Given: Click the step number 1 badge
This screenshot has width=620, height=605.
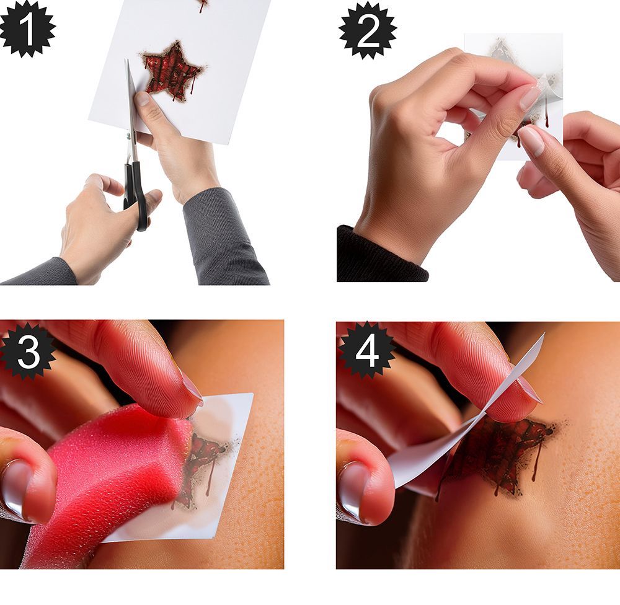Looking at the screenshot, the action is tap(27, 29).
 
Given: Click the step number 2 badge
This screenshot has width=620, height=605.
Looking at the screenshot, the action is tap(368, 31).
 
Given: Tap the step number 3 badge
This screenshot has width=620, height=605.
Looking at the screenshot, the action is tap(27, 351).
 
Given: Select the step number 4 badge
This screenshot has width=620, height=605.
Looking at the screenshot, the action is tap(366, 351).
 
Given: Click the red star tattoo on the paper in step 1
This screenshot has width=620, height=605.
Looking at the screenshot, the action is tap(173, 71).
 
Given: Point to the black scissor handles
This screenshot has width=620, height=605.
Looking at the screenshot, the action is tap(136, 194).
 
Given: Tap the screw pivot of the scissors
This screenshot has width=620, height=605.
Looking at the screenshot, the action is tap(128, 136).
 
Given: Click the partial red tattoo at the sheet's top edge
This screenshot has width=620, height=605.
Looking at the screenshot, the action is tap(203, 6).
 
